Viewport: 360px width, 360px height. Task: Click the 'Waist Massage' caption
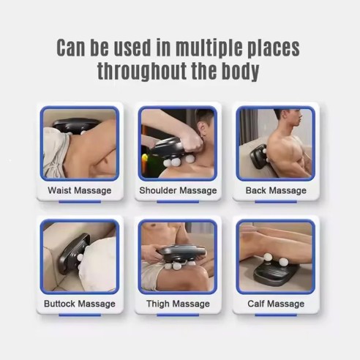click(x=80, y=190)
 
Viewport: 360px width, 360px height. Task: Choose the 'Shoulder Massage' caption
click(x=178, y=190)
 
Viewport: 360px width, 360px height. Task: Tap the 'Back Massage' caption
click(x=277, y=190)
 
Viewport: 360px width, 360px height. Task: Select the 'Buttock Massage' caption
click(x=80, y=303)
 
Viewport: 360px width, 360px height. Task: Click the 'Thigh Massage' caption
click(x=178, y=303)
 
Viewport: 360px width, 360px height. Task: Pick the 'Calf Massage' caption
click(x=277, y=303)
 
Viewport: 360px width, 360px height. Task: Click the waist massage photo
click(x=80, y=143)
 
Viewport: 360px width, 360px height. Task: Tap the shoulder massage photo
click(x=178, y=143)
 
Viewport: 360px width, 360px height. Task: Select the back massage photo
click(x=276, y=143)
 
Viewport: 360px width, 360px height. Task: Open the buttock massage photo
click(x=80, y=257)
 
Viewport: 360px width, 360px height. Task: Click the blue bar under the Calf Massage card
click(x=276, y=315)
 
